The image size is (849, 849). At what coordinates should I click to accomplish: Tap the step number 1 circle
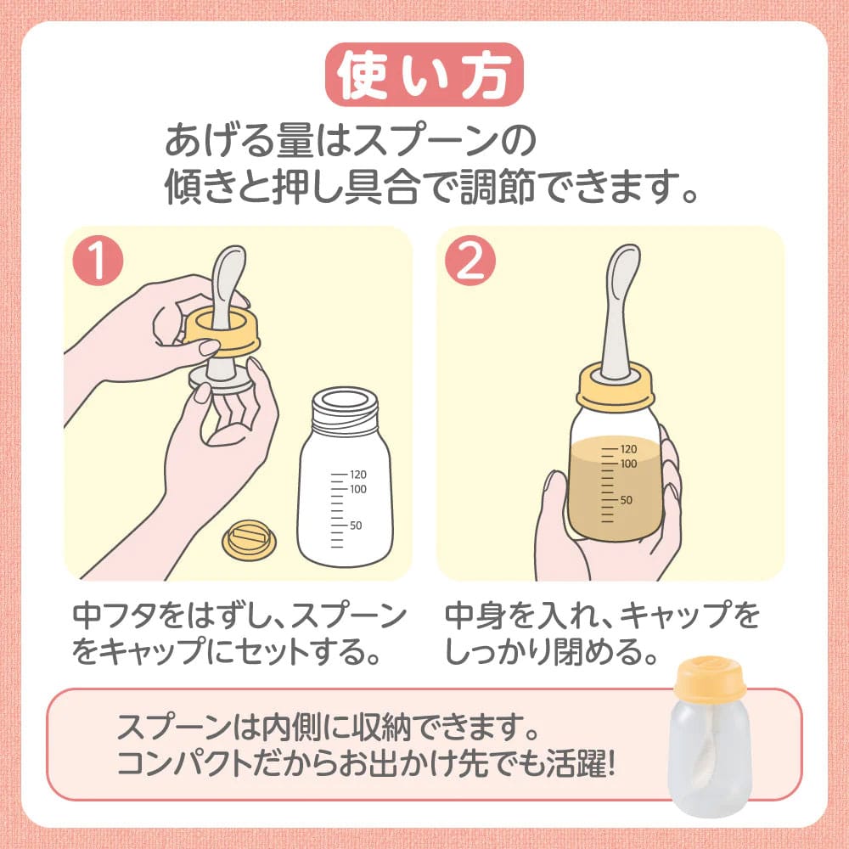(x=98, y=261)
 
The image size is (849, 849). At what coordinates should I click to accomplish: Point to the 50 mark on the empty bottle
(x=355, y=525)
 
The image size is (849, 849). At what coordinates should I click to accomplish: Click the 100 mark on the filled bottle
(x=628, y=464)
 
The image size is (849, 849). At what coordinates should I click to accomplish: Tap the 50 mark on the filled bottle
(x=625, y=499)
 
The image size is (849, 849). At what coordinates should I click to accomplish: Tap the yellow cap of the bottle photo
(x=710, y=677)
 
